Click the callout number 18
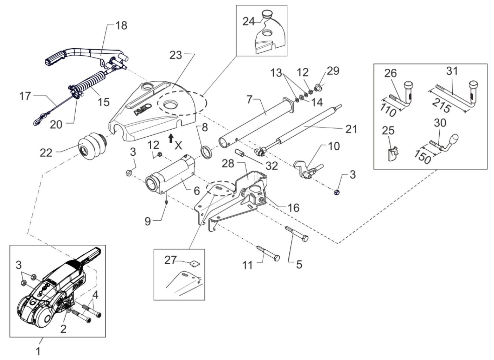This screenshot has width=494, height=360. pyautogui.click(x=121, y=25)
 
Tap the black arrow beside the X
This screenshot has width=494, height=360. pyautogui.click(x=170, y=139)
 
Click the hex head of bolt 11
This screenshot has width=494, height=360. pyautogui.click(x=277, y=258)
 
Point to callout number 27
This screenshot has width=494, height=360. pyautogui.click(x=170, y=260)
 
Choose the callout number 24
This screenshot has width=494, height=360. pyautogui.click(x=249, y=22)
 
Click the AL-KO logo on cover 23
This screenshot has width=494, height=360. pyautogui.click(x=142, y=109)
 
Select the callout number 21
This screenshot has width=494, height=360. pyautogui.click(x=351, y=129)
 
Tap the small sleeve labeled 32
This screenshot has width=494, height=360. pyautogui.click(x=240, y=153)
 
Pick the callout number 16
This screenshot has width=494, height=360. pyautogui.click(x=293, y=208)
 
